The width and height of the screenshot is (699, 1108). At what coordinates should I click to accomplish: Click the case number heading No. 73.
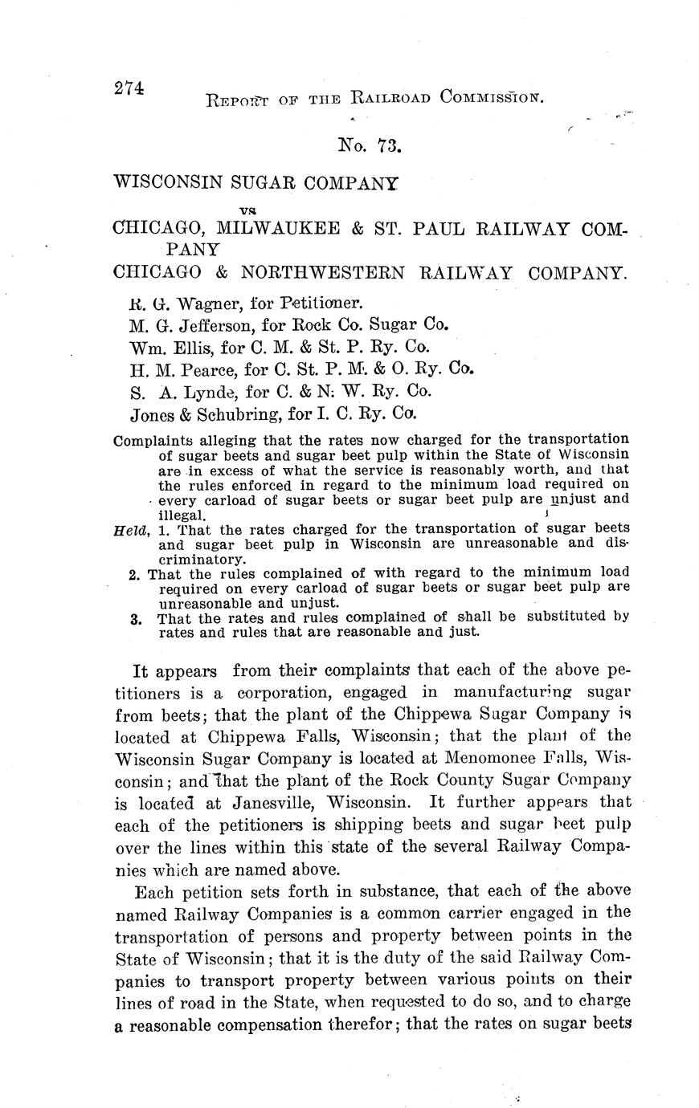pyautogui.click(x=369, y=145)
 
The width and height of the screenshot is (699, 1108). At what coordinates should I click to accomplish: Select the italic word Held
pyautogui.click(x=130, y=529)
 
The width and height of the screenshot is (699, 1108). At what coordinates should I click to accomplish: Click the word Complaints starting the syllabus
pyautogui.click(x=155, y=440)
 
